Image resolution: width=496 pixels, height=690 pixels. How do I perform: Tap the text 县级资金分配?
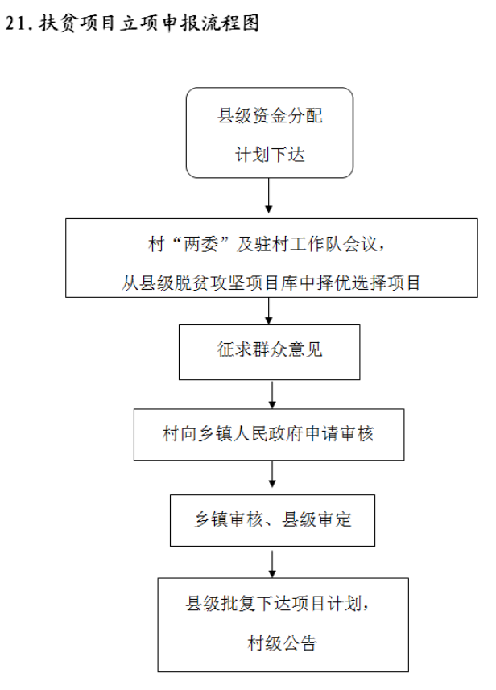(270, 116)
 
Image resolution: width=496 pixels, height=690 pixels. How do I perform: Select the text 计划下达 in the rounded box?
(270, 155)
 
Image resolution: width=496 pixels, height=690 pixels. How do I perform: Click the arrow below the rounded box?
(268, 196)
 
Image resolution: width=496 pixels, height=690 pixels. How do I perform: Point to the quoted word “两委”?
(200, 244)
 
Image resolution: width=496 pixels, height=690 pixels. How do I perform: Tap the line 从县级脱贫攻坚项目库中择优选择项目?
(271, 283)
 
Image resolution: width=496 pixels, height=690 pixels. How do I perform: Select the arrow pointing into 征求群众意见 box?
(268, 311)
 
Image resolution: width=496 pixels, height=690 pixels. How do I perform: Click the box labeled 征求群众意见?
(270, 352)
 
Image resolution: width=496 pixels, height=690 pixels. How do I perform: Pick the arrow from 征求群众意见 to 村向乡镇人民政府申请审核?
(272, 395)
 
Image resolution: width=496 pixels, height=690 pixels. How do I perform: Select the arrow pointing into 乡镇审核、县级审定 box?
(272, 474)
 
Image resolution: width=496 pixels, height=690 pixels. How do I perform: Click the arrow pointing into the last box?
(272, 564)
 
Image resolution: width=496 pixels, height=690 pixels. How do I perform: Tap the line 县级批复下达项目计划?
(274, 603)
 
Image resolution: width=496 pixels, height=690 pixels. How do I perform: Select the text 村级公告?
(282, 643)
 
